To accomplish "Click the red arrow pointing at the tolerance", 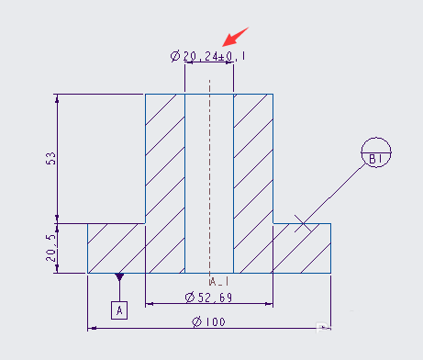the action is [235, 37].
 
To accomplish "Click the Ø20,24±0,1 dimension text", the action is [208, 56].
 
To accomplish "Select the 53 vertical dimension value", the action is [51, 158].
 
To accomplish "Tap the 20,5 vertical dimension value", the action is [51, 248].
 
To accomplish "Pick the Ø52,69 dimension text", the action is [208, 298].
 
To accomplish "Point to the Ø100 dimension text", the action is [208, 321].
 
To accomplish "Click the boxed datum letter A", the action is [119, 310].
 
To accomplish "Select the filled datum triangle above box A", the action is [119, 276].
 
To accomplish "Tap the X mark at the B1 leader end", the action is [303, 224].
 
